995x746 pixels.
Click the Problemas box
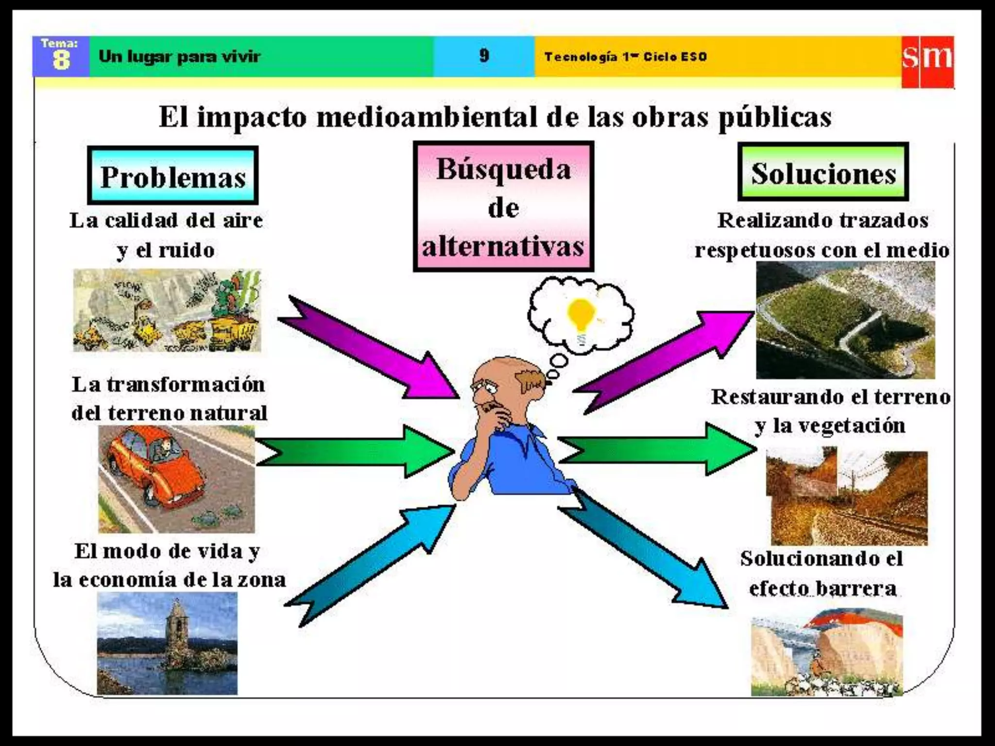[172, 176]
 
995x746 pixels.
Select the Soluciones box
[823, 172]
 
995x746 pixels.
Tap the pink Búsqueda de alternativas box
[503, 207]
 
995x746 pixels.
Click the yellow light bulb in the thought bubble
[581, 314]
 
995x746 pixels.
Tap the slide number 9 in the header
[484, 56]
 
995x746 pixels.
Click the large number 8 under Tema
[61, 61]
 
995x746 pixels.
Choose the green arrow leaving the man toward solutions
[656, 449]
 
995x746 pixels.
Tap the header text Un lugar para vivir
[179, 57]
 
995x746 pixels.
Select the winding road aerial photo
[845, 321]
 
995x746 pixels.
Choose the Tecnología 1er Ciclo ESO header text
[625, 57]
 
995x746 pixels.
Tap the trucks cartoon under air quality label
[167, 311]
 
